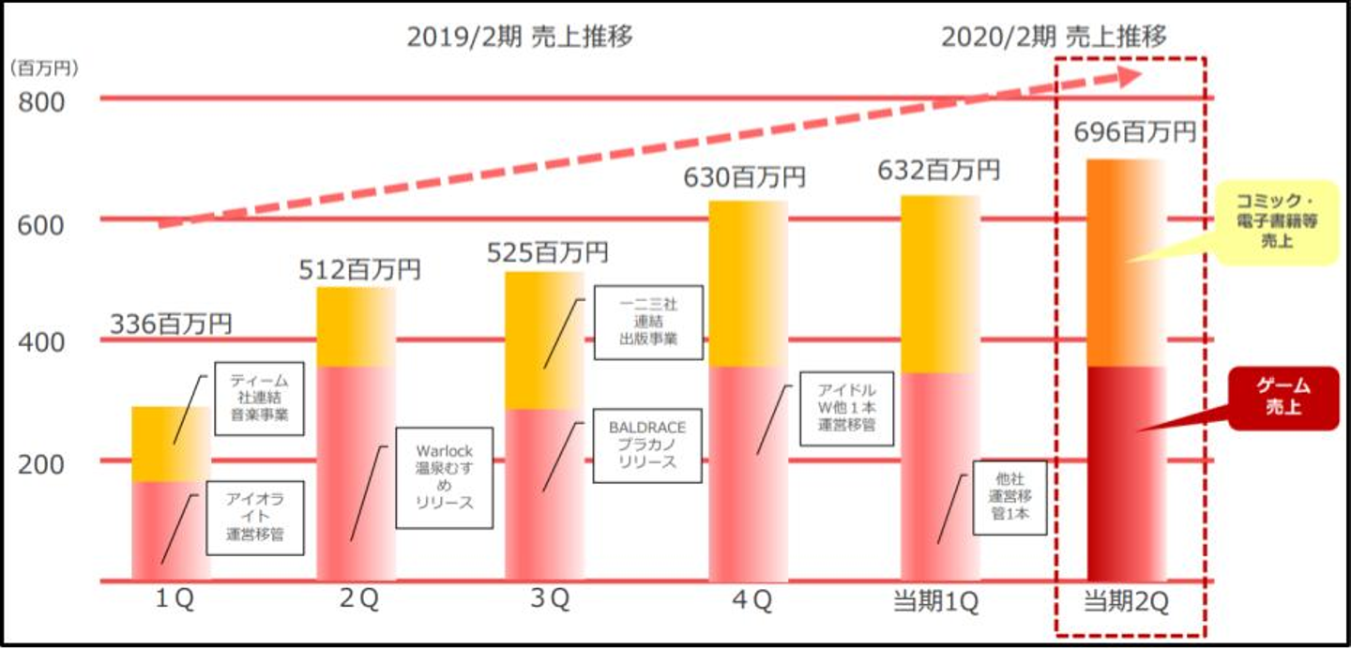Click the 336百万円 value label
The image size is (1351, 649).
tap(171, 324)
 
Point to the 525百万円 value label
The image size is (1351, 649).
tap(547, 252)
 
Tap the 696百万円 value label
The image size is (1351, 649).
tap(1135, 133)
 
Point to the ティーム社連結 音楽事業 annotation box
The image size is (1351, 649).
tap(260, 398)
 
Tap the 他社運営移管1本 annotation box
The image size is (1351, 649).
tap(1009, 497)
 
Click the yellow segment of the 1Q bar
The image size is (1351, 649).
tap(171, 445)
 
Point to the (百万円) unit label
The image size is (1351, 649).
tap(44, 68)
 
